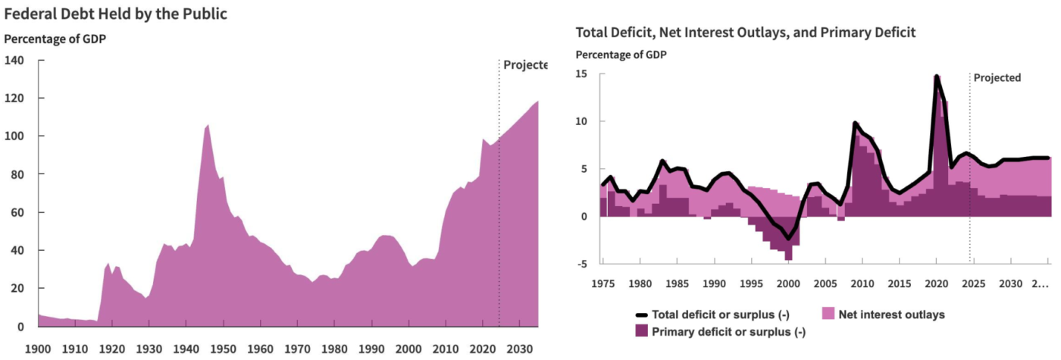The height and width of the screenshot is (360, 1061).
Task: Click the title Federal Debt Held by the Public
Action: click(x=116, y=14)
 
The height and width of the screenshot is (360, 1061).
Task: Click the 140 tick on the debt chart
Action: click(x=14, y=60)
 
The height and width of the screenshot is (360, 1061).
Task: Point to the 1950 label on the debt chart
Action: click(x=222, y=349)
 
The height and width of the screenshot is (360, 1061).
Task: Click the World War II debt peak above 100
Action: click(x=208, y=125)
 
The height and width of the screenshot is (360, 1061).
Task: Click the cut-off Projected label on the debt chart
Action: click(x=524, y=65)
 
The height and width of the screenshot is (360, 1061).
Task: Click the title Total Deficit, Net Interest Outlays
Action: click(x=746, y=33)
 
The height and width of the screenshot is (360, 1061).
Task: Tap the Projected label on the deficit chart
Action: click(x=997, y=77)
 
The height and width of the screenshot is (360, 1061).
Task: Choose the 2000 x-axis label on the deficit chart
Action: click(x=788, y=284)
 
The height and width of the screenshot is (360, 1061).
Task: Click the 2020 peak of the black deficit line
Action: click(x=937, y=77)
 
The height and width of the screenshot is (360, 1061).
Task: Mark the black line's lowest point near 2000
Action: click(x=788, y=239)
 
